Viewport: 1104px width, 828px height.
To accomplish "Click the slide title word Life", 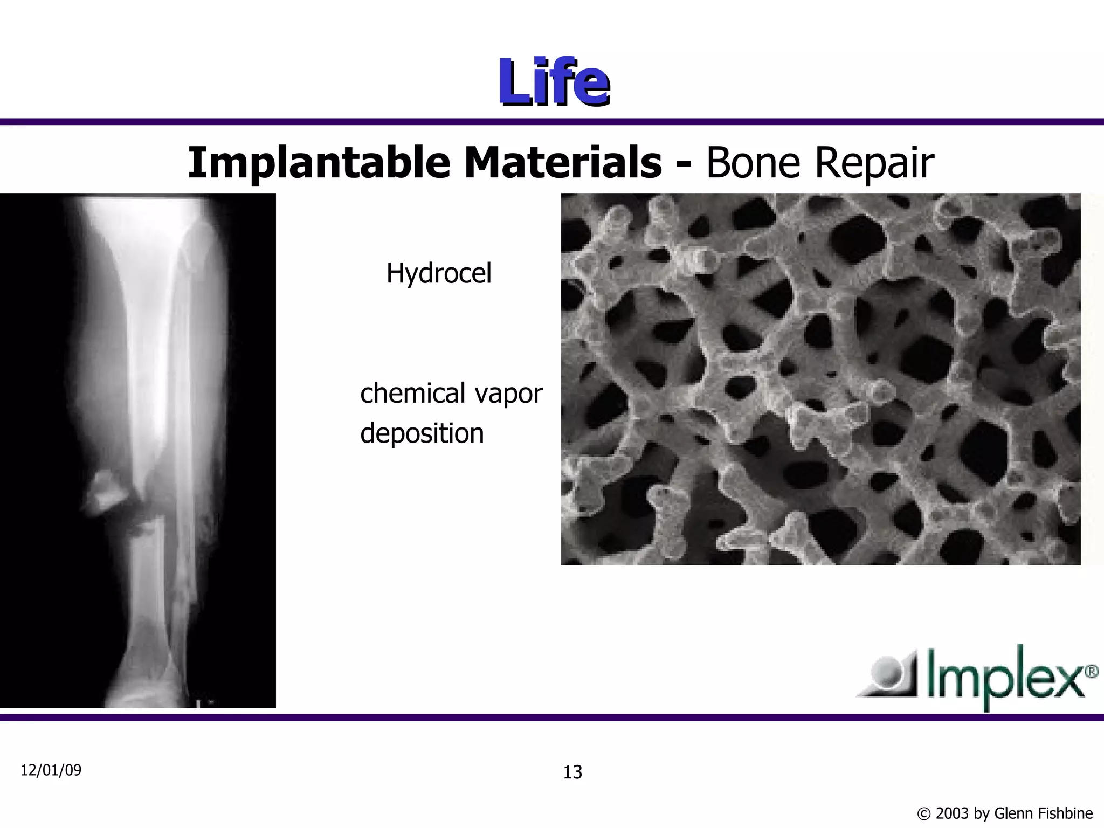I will click(554, 82).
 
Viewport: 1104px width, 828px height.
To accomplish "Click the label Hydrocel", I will click(439, 273).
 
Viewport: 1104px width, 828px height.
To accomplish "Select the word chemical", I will click(413, 393).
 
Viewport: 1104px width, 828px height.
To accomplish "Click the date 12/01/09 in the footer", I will click(51, 770).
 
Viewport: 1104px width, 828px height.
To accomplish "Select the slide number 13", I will click(572, 772).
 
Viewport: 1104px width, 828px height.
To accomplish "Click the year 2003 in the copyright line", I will click(952, 813).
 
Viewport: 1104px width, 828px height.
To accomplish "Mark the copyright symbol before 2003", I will click(924, 813).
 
